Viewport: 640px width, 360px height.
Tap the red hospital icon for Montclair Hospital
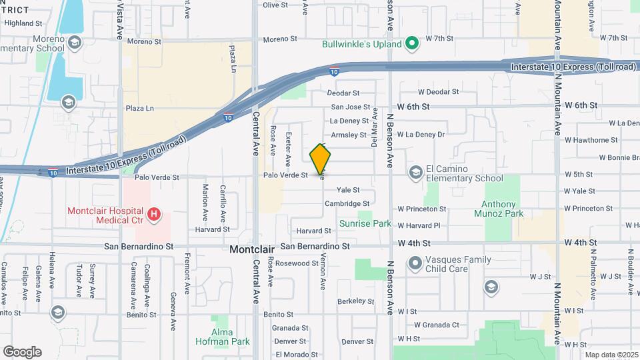(154, 215)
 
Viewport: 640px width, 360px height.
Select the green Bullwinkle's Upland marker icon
(412, 45)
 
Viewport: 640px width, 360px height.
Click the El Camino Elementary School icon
(416, 173)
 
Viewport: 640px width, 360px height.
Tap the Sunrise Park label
(365, 224)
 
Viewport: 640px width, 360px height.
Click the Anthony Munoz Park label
(504, 209)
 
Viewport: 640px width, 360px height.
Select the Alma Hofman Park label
(223, 337)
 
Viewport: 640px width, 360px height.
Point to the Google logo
(23, 351)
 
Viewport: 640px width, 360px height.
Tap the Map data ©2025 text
(611, 355)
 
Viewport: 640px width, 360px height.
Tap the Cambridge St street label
(347, 204)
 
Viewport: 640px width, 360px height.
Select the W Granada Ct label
(436, 325)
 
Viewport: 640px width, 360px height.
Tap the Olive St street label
(275, 5)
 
